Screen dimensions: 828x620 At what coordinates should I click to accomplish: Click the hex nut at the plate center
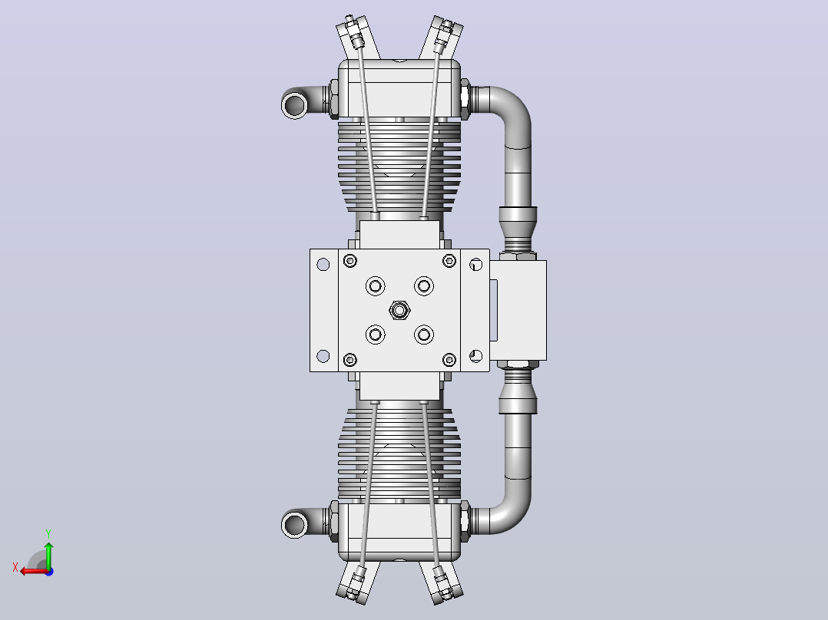point(399,310)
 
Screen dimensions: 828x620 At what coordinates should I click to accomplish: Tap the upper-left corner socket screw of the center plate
point(350,261)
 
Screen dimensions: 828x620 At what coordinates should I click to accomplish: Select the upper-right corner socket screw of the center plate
point(449,261)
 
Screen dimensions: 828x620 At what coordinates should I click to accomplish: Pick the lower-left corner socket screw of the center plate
point(350,360)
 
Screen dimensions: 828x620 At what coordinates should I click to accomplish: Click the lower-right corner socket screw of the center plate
point(449,360)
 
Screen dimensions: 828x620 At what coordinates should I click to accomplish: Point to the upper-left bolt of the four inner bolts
point(375,286)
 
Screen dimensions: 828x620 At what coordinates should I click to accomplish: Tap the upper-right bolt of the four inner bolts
point(423,286)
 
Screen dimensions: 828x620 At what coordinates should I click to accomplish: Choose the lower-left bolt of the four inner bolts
point(375,335)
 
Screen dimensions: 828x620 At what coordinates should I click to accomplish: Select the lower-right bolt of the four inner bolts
point(423,335)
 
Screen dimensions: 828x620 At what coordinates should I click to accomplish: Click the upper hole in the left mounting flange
point(323,265)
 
